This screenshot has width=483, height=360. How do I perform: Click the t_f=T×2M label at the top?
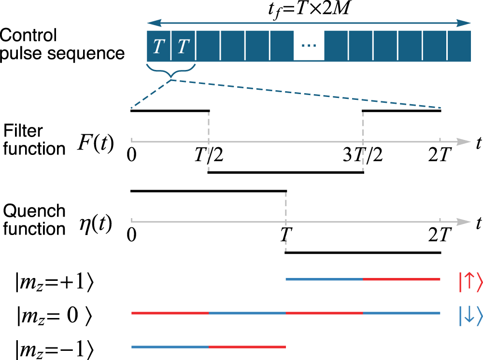pos(310,9)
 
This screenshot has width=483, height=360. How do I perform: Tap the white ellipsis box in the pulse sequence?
pos(309,45)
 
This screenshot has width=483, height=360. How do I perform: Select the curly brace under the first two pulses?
pos(171,72)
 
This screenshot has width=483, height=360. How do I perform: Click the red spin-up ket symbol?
pos(469,283)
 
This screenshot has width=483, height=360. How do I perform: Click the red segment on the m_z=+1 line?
pos(401,279)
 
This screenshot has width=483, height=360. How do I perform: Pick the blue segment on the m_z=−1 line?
pos(170,333)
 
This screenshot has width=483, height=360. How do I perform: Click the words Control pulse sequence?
pos(62,44)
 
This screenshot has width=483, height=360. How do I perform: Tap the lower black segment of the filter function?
pos(285,172)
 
